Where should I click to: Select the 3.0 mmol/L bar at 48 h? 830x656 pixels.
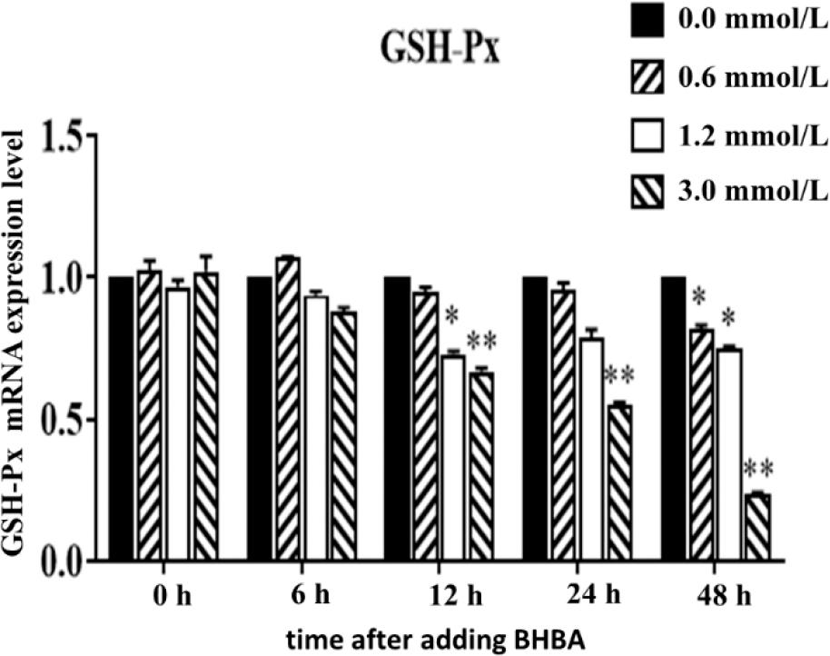pyautogui.click(x=757, y=527)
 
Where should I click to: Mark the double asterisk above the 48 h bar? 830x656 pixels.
pyautogui.click(x=757, y=471)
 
